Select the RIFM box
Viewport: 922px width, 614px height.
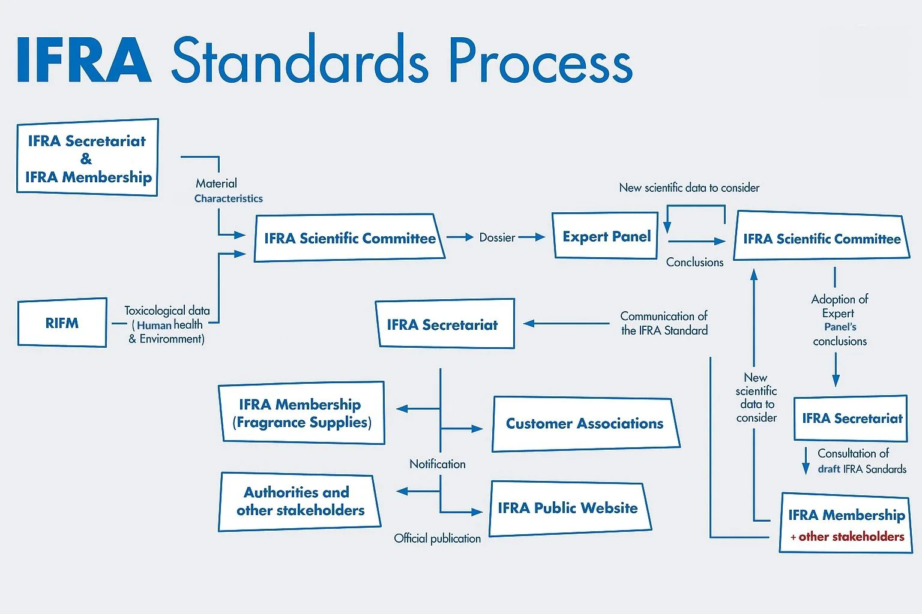62,323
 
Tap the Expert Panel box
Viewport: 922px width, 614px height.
606,236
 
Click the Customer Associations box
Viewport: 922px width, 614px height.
585,424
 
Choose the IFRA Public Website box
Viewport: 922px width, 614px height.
568,508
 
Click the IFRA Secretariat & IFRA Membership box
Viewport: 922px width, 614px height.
88,158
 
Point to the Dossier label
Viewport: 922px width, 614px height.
497,237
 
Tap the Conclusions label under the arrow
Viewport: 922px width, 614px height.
695,262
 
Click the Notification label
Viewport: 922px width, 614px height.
437,464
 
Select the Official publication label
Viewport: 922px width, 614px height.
437,538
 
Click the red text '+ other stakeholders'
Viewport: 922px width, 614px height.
848,537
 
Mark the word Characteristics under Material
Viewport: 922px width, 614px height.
228,198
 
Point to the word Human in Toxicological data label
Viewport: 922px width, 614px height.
154,325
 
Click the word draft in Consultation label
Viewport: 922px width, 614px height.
828,469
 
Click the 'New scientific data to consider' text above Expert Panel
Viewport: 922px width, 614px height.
689,188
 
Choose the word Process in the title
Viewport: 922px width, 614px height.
540,60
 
